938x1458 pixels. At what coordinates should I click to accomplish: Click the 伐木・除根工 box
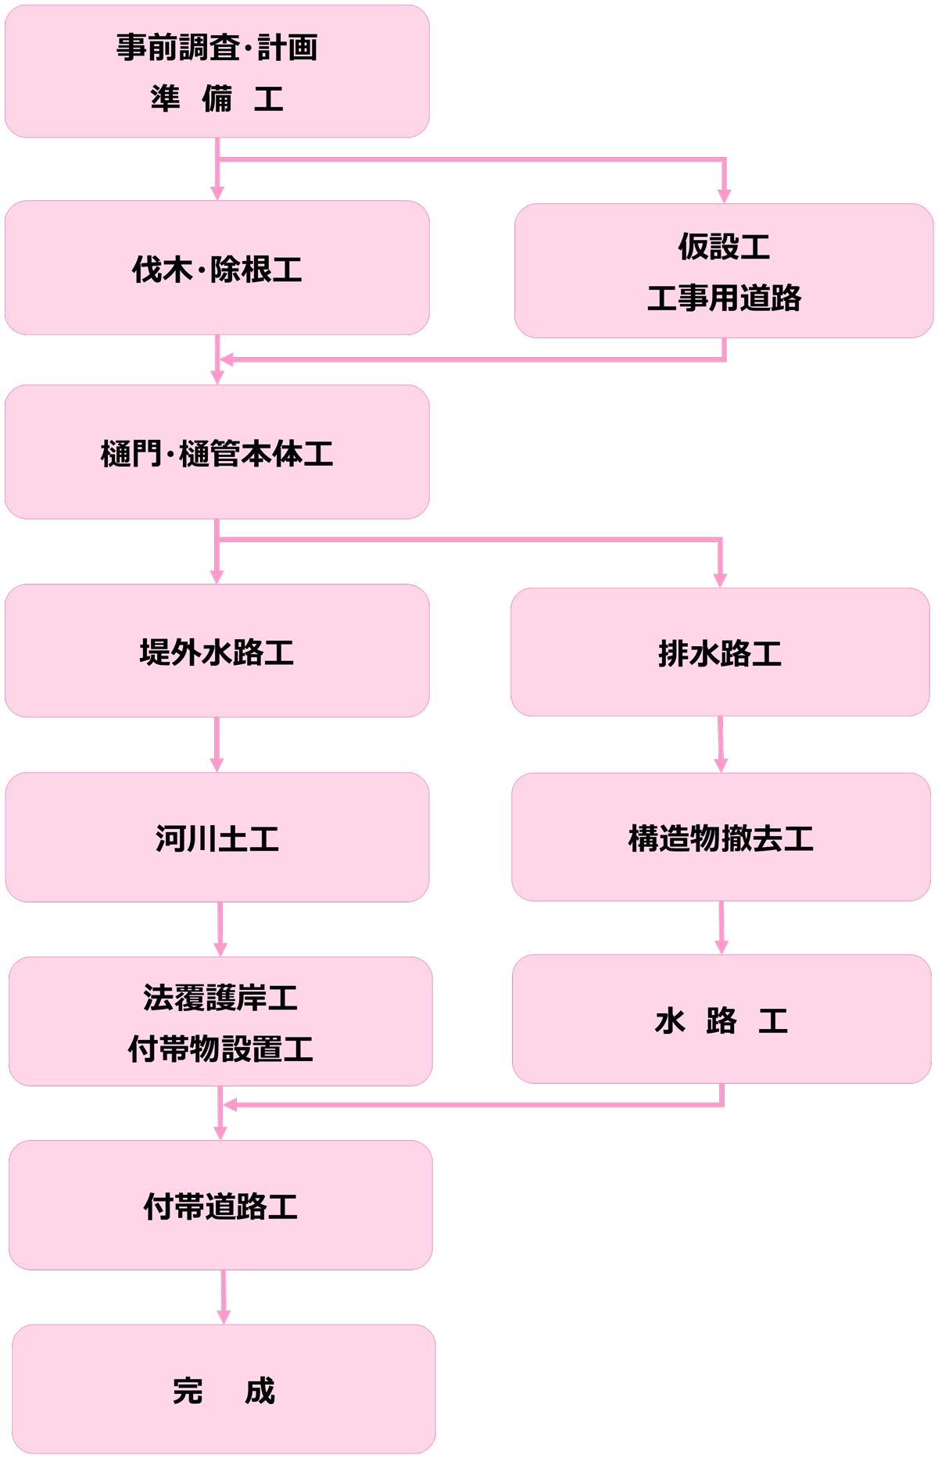217,268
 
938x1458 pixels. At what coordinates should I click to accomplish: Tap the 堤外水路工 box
217,651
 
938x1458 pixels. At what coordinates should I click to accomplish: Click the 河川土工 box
217,837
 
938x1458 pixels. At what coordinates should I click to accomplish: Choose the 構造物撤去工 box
721,837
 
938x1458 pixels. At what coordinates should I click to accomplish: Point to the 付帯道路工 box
220,1205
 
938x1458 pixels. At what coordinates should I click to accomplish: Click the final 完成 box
224,1389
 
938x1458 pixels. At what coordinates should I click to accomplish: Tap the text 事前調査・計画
217,48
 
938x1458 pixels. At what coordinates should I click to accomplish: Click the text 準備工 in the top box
217,99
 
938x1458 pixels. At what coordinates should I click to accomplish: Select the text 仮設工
724,246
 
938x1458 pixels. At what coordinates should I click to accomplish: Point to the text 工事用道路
724,298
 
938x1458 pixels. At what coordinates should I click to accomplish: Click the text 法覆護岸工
220,997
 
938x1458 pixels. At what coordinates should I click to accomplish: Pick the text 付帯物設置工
220,1049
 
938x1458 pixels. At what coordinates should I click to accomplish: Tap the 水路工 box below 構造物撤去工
721,1019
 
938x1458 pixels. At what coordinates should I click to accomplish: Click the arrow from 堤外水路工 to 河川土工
217,745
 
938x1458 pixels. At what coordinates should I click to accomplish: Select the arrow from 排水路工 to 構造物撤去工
721,744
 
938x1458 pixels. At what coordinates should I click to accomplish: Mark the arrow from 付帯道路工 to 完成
224,1297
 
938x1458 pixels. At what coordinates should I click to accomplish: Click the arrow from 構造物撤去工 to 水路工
721,927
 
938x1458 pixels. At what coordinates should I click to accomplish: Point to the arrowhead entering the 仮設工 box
724,195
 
